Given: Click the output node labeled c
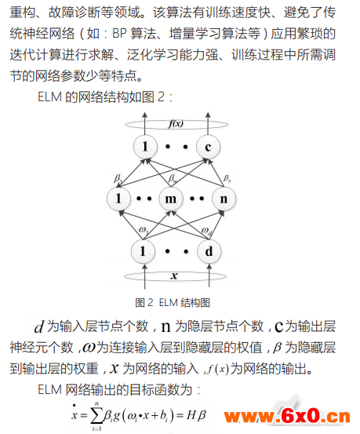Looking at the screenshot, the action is click(x=208, y=147).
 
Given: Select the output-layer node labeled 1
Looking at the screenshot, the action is click(x=145, y=147).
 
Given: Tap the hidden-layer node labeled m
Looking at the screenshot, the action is click(x=171, y=199).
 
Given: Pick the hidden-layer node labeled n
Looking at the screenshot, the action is click(x=224, y=199).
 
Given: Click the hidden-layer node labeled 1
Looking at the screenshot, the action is click(x=118, y=199).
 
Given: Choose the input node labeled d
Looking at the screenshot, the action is click(x=209, y=251).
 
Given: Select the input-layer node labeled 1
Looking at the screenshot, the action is click(x=143, y=251).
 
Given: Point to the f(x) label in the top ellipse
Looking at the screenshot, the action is click(x=176, y=123).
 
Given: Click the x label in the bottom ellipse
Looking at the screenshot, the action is click(x=174, y=275).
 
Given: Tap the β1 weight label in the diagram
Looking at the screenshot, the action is click(x=118, y=178).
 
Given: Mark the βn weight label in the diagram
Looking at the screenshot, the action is click(x=227, y=178).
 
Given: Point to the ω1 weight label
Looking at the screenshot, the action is click(x=144, y=230).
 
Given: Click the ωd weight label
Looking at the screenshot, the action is click(x=206, y=231).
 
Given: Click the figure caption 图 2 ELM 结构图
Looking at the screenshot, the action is click(x=173, y=302).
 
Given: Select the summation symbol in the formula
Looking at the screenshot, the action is click(x=96, y=416).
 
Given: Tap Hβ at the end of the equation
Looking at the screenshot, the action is click(x=196, y=415).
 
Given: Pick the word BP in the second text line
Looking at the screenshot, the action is click(x=119, y=34).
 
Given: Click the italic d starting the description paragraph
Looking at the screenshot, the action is click(x=39, y=326).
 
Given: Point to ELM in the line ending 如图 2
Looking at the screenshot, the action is click(x=49, y=97).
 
